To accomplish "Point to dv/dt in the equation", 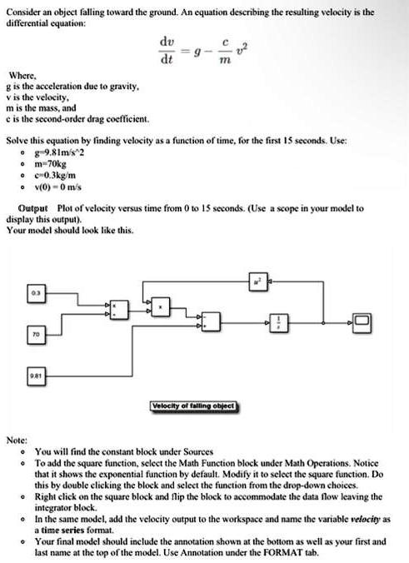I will pyautogui.click(x=167, y=52).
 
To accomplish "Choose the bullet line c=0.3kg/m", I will pyautogui.click(x=55, y=176).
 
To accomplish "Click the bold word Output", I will pyautogui.click(x=34, y=207).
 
